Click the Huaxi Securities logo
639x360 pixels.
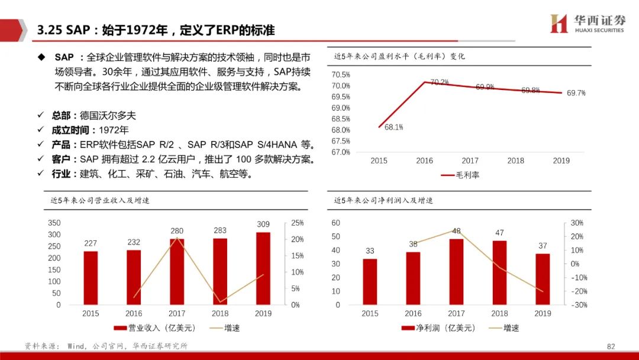(588, 23)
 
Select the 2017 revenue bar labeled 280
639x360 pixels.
(177, 272)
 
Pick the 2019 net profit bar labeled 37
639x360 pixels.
(543, 279)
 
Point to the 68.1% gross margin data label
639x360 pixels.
(393, 127)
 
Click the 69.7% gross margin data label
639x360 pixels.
(576, 94)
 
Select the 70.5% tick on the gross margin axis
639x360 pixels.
(341, 75)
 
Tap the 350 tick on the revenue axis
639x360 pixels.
(54, 223)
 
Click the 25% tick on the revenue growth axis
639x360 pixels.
(298, 223)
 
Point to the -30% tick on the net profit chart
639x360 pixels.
(579, 305)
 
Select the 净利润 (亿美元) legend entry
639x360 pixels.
(438, 327)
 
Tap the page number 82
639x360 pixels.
(611, 346)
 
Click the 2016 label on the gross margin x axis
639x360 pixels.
(424, 160)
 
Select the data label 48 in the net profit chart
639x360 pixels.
(456, 231)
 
